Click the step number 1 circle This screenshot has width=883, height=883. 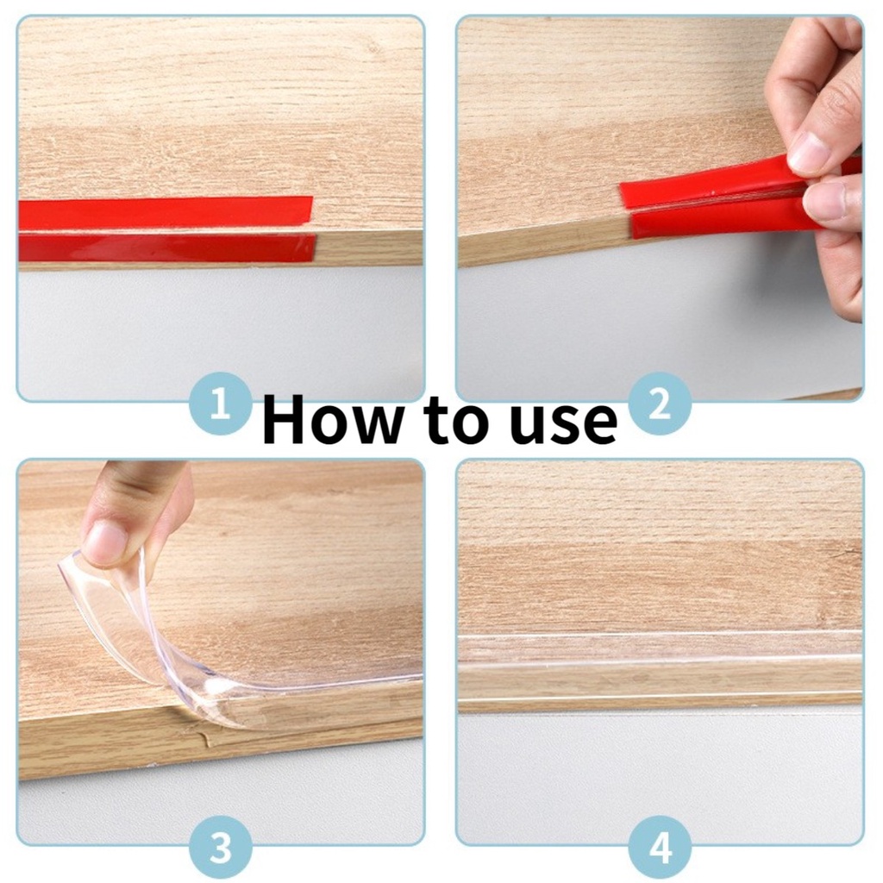coord(220,404)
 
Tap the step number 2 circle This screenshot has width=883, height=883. coord(660,404)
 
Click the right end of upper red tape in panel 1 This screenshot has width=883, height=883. coord(311,210)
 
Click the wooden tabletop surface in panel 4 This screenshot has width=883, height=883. coord(660,546)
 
